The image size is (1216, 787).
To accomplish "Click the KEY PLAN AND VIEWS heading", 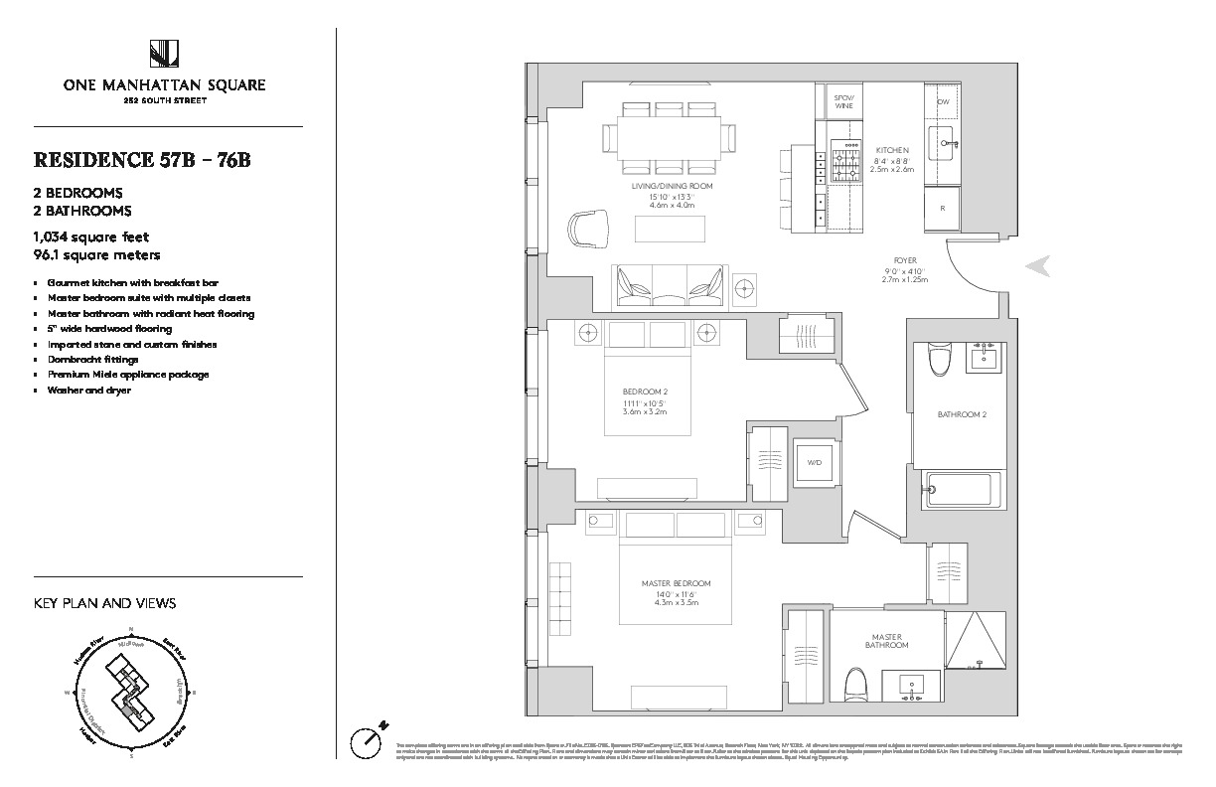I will pyautogui.click(x=105, y=603).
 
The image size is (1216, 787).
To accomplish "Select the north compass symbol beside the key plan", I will pyautogui.click(x=369, y=737).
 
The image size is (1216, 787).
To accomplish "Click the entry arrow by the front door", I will pyautogui.click(x=1037, y=265).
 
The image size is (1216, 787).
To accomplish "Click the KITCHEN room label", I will pyautogui.click(x=891, y=150).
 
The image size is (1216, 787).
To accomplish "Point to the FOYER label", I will pyautogui.click(x=904, y=260).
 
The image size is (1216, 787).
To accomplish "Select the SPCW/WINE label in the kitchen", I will pyautogui.click(x=844, y=100).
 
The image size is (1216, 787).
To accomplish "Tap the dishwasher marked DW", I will pyautogui.click(x=943, y=102).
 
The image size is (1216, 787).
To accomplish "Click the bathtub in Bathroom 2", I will pyautogui.click(x=959, y=488).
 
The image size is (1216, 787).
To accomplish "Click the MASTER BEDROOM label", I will pyautogui.click(x=676, y=583).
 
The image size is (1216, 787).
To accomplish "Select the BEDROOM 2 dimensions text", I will pyautogui.click(x=643, y=406).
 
